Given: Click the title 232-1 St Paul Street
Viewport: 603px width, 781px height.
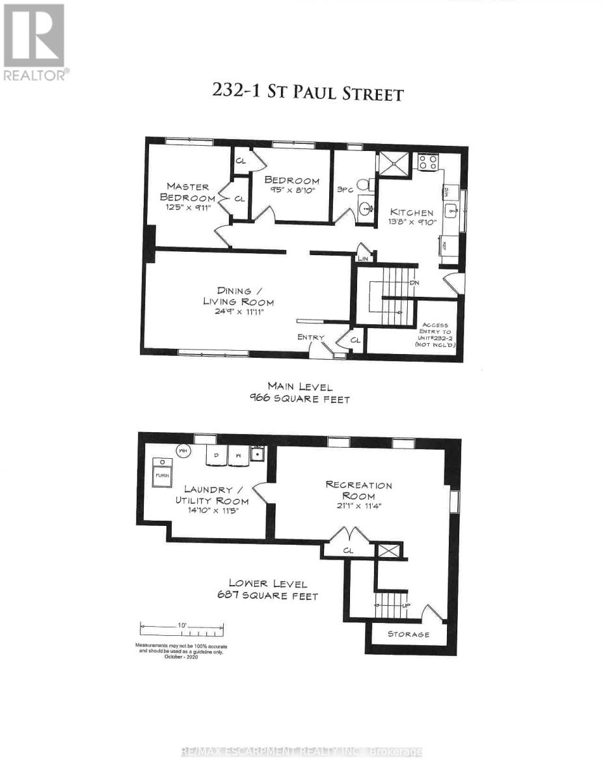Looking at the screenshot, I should tap(307, 92).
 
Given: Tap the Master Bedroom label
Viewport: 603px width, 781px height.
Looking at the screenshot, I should tap(189, 193).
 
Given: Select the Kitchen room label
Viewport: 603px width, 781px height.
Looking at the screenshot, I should tap(412, 212).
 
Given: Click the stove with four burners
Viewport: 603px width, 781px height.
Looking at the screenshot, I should tap(427, 162).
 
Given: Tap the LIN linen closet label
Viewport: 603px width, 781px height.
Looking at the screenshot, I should tap(363, 259).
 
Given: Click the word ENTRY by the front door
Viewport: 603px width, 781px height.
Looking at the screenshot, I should tap(310, 337).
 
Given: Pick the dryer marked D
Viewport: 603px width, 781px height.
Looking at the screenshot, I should tap(216, 456).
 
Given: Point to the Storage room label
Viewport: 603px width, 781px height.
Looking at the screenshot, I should tap(409, 634).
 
